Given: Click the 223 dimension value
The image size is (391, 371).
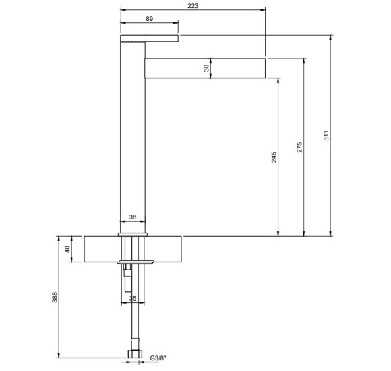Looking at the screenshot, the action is (193, 6).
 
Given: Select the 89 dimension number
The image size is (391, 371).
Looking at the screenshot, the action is (150, 19).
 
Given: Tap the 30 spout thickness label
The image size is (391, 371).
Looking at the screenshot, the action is (206, 68).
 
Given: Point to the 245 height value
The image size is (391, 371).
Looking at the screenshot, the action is (274, 157).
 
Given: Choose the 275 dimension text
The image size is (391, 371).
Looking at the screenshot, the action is (299, 148).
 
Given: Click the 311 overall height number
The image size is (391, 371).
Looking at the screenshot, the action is (326, 135).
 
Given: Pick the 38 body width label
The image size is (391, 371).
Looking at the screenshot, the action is (133, 217).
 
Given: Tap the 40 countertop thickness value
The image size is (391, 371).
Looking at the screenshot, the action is (67, 249).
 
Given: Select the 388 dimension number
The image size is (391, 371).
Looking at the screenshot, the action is (55, 297).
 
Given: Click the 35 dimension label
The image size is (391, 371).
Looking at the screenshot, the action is (133, 298).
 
